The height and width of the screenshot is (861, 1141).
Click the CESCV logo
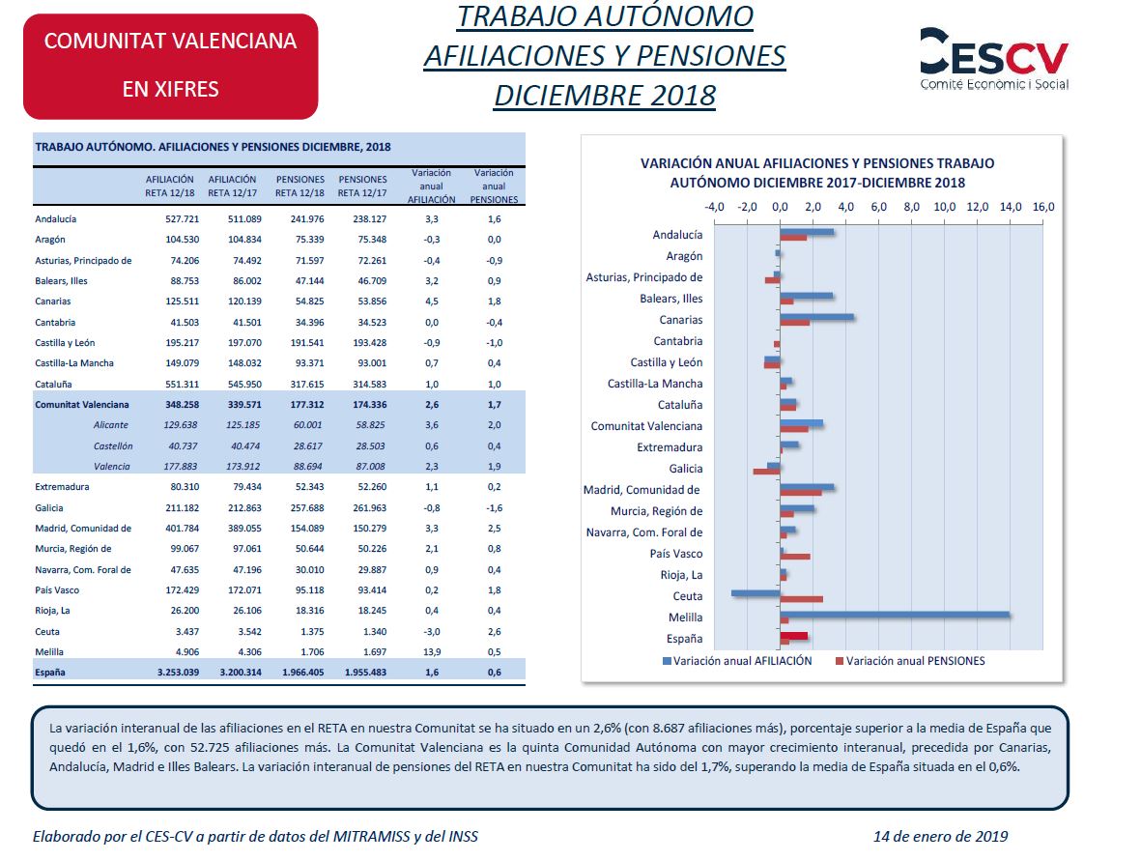[x=994, y=59]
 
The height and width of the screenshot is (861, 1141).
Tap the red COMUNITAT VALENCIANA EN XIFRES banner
[x=171, y=67]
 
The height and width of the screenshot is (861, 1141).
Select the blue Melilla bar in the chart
[x=895, y=615]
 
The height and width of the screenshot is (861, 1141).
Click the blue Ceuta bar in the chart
[x=756, y=593]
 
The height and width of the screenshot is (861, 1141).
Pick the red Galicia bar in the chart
[x=766, y=472]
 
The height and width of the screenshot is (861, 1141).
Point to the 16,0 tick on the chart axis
[x=1042, y=207]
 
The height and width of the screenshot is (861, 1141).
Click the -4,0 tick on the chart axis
[x=715, y=207]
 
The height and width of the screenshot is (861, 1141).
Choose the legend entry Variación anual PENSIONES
[x=909, y=661]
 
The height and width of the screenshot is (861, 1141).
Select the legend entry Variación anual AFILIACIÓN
[x=736, y=661]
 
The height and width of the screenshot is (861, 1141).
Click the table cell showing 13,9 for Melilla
[x=432, y=652]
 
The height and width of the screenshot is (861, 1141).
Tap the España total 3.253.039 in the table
[x=179, y=673]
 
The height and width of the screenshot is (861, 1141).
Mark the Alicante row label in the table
[x=110, y=425]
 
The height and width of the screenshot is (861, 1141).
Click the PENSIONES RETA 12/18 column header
[x=300, y=187]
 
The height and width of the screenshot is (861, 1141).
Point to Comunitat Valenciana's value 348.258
[x=182, y=405]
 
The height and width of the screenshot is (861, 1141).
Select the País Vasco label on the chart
[x=676, y=554]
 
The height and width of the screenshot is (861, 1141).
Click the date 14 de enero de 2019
[x=941, y=836]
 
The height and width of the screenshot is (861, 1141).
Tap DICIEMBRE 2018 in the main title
[x=605, y=96]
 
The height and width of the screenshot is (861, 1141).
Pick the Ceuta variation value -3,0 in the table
[x=432, y=632]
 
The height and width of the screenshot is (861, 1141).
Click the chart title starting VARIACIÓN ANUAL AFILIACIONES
[x=817, y=173]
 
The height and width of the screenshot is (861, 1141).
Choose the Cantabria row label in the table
[x=55, y=323]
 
